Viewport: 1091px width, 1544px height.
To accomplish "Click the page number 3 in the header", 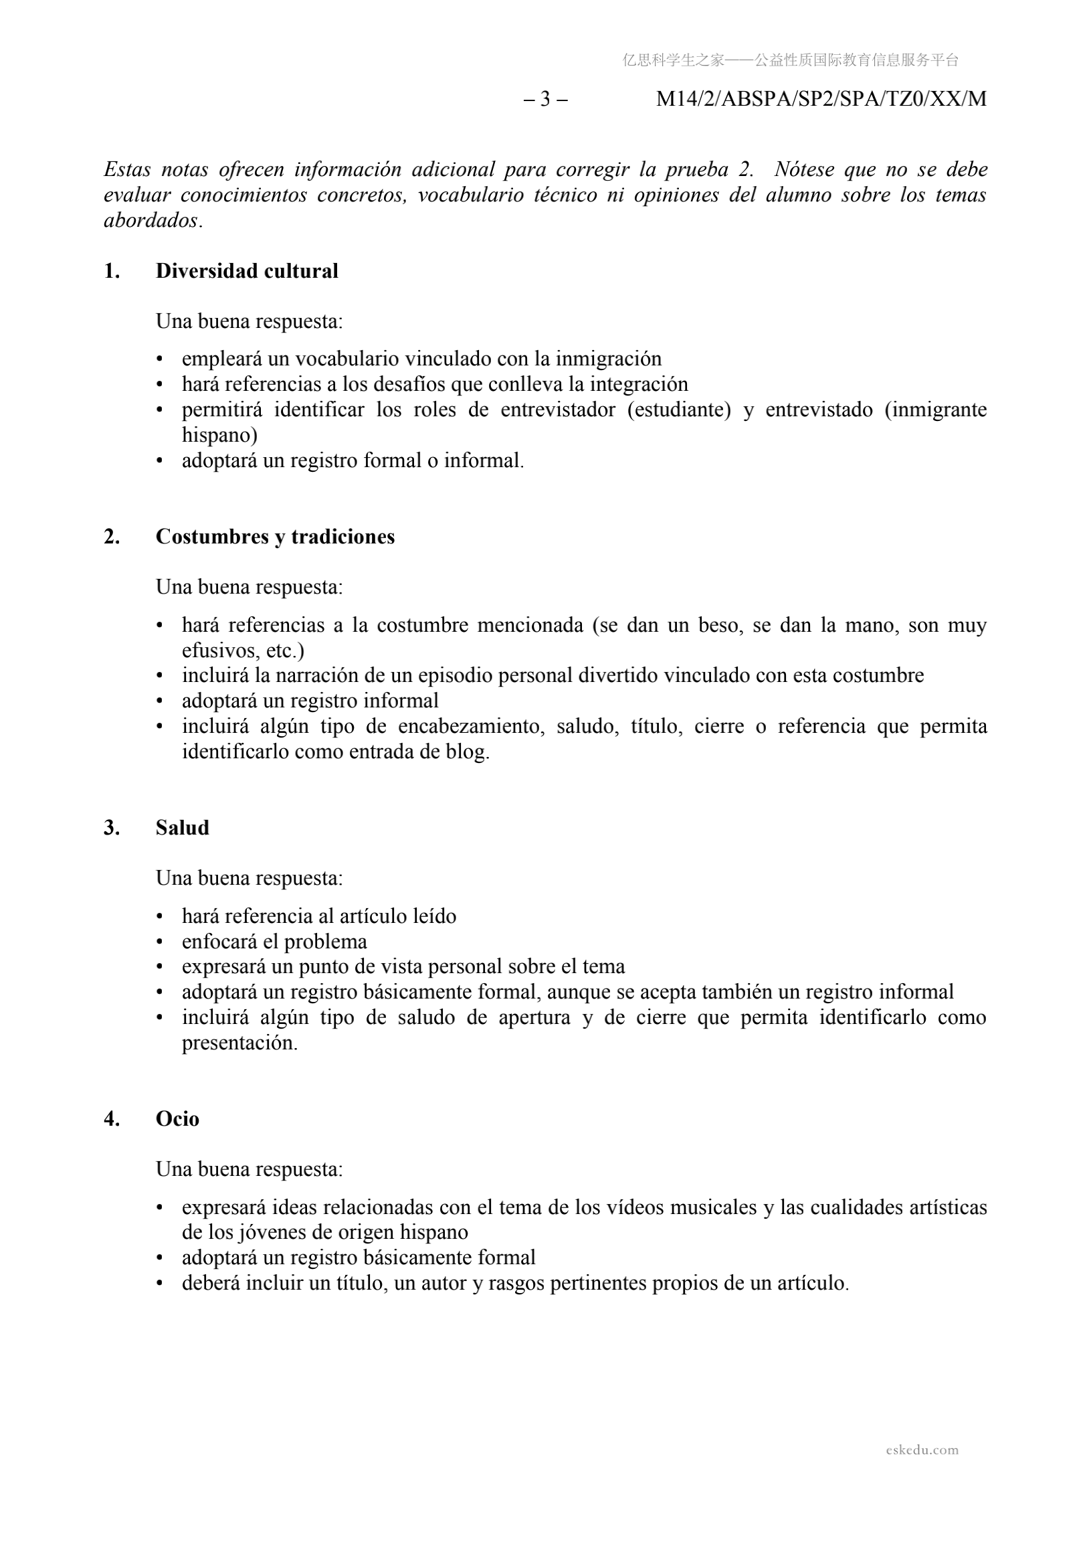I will coord(545,99).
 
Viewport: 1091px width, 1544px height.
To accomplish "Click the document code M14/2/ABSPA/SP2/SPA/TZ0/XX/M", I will coord(821,99).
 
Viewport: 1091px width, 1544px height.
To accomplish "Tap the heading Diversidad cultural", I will coord(247,271).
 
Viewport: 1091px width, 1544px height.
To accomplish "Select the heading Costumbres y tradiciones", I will coord(275,537).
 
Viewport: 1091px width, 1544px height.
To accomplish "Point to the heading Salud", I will coord(182,827).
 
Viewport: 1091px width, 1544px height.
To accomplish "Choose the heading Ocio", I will coord(177,1118).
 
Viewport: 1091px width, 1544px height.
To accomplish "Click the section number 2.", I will coord(112,537).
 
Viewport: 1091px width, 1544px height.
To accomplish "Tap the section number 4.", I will coord(112,1118).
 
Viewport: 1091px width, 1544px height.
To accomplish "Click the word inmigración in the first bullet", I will coord(608,359).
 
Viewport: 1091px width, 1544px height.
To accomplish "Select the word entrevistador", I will coord(557,410).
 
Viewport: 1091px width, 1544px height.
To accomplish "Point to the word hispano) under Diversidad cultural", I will coord(219,435).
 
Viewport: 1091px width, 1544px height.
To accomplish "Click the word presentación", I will coord(239,1043).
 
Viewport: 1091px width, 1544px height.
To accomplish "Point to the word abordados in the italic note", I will coord(151,221).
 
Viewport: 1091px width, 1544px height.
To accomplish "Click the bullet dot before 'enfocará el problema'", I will coord(160,942).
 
